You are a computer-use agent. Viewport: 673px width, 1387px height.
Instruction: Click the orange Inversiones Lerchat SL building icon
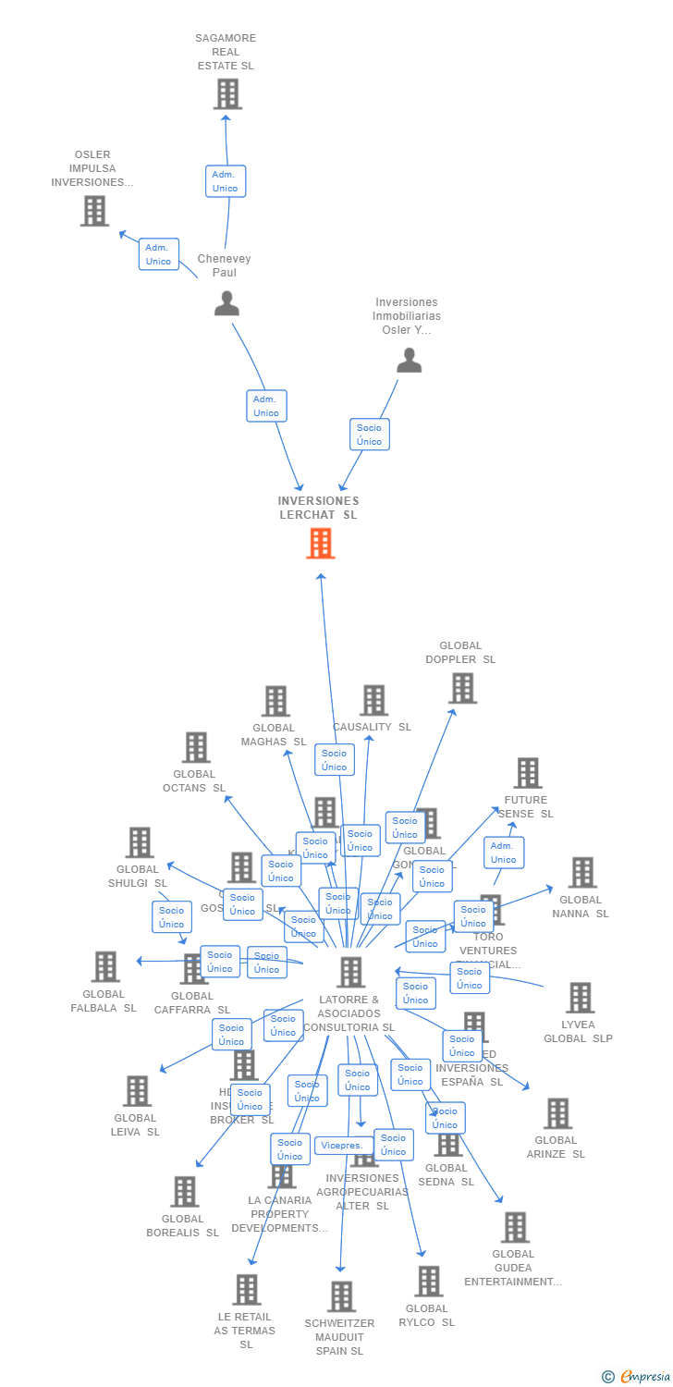[320, 544]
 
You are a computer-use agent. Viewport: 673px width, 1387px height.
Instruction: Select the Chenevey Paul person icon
[226, 303]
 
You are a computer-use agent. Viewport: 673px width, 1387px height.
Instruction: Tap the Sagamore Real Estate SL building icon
[226, 94]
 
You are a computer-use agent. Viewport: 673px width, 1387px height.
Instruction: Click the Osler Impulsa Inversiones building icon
[94, 211]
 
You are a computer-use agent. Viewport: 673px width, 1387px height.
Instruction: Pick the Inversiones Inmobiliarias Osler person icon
[409, 361]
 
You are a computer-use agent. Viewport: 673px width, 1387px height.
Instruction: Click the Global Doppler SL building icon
[462, 688]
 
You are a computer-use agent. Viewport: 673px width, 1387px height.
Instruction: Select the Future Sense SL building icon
[527, 773]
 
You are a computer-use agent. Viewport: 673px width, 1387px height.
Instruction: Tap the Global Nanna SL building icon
[581, 872]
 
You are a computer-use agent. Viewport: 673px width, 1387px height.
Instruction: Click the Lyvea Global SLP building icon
[580, 998]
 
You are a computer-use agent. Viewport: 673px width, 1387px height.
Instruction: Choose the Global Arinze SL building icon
[557, 1113]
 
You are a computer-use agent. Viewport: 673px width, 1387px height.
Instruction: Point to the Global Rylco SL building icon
[427, 1282]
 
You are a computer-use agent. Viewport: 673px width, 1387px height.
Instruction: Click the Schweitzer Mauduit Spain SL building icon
[341, 1296]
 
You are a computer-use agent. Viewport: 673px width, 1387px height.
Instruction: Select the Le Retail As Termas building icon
[246, 1290]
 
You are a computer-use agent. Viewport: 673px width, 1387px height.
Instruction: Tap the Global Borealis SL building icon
[184, 1192]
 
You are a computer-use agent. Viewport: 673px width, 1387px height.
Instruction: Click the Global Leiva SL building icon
[137, 1091]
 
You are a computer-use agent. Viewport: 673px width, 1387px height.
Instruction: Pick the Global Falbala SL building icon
[105, 967]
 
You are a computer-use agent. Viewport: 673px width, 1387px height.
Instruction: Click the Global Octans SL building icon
[195, 747]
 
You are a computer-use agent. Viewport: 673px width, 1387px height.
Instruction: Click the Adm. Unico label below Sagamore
[225, 181]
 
